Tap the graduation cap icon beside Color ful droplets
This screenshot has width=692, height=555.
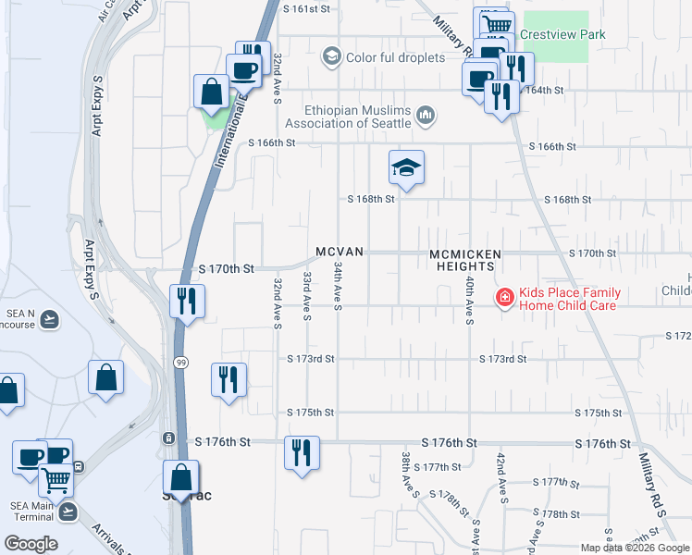(x=330, y=57)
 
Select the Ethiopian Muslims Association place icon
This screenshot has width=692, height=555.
(x=426, y=115)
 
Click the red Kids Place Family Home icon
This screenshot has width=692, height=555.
(x=504, y=297)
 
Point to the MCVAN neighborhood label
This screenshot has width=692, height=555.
(x=340, y=252)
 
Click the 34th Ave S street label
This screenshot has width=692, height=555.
(x=338, y=286)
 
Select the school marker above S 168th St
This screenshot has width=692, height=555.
(x=406, y=169)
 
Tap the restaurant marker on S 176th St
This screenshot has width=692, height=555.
(x=302, y=453)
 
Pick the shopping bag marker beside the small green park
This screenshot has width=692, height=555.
(x=212, y=93)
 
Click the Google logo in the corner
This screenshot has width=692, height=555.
(x=31, y=544)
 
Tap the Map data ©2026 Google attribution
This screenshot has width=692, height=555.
(x=634, y=548)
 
